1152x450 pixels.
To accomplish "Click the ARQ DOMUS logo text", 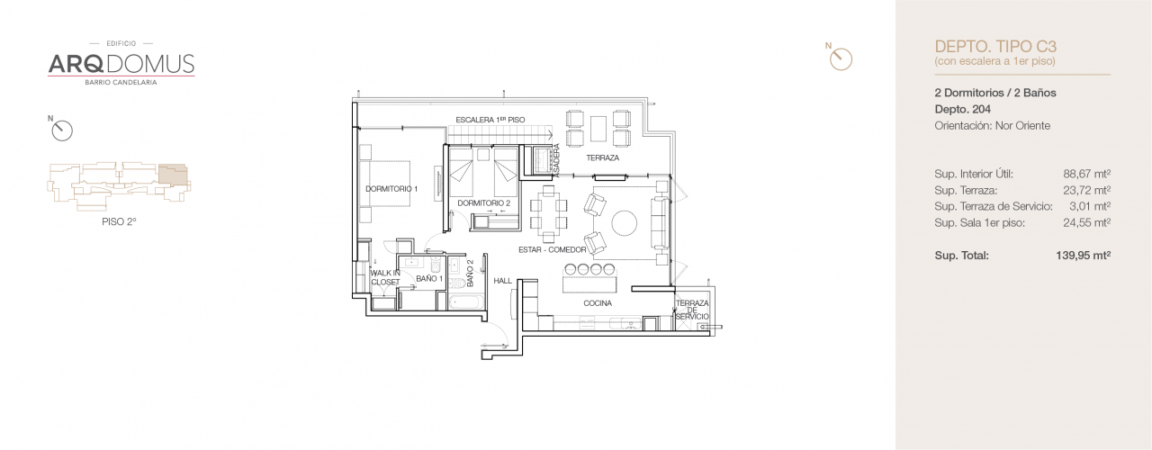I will [x=121, y=64].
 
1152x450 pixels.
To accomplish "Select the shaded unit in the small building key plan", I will [x=175, y=175].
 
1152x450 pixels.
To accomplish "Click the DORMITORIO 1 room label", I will [x=391, y=189].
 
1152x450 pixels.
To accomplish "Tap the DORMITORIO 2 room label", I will [x=483, y=203].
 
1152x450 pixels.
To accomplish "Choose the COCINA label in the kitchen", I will [x=597, y=303].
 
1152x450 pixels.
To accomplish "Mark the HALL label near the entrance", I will [x=502, y=281].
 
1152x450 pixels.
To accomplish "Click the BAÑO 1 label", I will [x=428, y=280].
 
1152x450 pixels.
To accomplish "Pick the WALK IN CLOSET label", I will [x=384, y=277].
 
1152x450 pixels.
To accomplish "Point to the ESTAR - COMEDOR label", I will [x=552, y=249].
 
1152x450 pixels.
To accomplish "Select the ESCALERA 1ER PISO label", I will [x=490, y=120].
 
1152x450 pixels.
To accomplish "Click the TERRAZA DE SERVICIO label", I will [x=692, y=310].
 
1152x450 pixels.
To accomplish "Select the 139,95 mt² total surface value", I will [x=1083, y=256].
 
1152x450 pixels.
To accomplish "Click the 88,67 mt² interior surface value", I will [x=1086, y=175].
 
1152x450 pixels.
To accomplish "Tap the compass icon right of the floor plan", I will [x=840, y=58].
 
